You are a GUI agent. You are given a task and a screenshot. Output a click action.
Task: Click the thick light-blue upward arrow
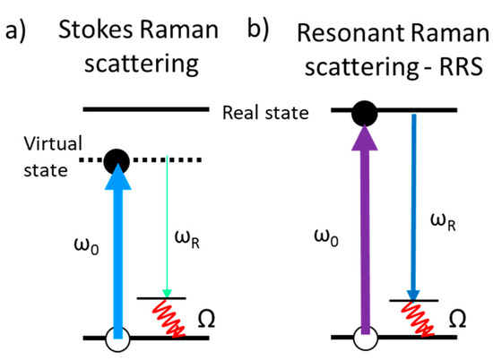click(117, 251)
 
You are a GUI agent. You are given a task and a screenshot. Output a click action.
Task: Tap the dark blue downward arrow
click(411, 206)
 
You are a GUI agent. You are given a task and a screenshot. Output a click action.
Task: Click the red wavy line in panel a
click(169, 318)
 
